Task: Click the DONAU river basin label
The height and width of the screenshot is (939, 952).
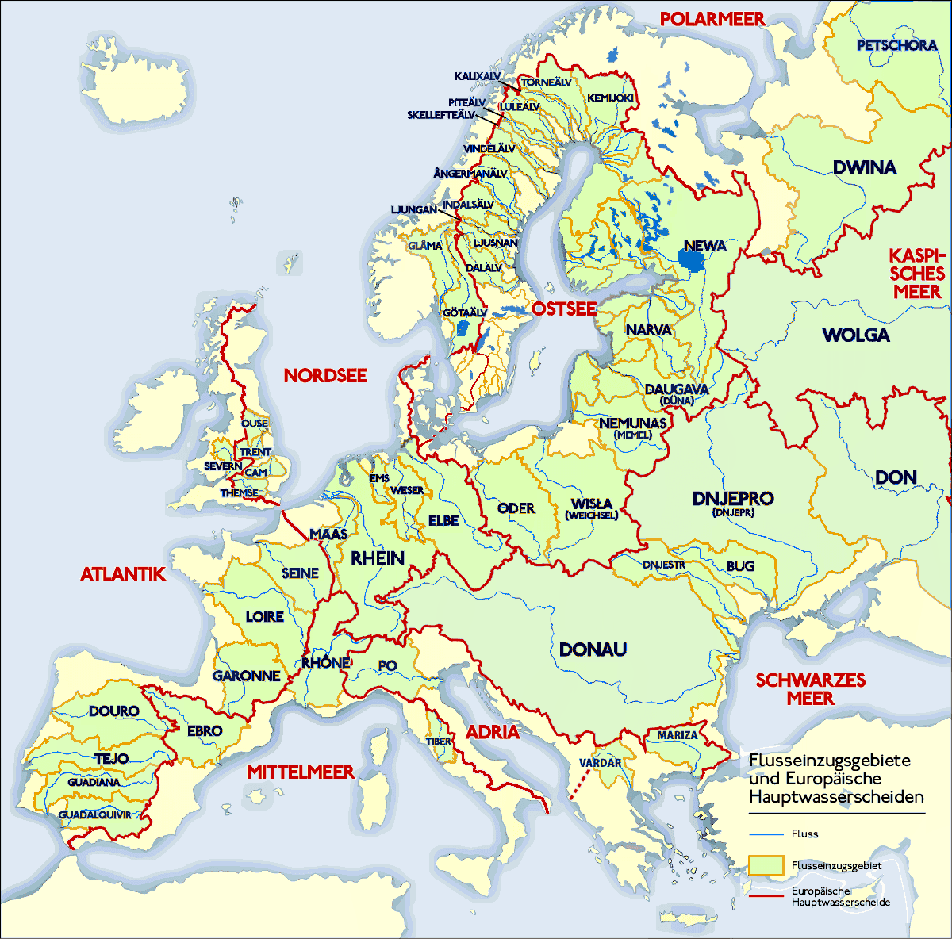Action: coord(593,650)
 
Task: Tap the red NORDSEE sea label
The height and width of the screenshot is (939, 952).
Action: coord(325,375)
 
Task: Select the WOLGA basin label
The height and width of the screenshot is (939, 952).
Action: coord(856,335)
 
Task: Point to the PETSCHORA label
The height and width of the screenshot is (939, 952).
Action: coord(896,45)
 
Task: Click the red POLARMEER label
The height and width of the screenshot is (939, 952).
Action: coord(712,19)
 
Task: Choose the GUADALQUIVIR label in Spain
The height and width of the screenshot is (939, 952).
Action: coord(94,814)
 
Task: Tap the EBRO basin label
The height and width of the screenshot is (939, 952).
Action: coord(204,730)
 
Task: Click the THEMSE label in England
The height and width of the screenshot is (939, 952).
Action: coord(239,493)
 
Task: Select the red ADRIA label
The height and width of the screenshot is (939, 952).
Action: coord(493,732)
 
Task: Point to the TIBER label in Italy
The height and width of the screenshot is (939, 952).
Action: coord(439,742)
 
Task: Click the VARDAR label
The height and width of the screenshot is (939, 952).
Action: coord(600,763)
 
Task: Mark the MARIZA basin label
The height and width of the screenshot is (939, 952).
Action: coord(677,735)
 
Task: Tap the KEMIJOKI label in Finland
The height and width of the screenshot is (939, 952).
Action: coord(610,98)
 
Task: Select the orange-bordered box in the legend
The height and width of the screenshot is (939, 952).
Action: coord(766,865)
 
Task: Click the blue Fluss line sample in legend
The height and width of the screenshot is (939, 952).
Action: coord(766,834)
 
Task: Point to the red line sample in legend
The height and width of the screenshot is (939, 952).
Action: coord(766,896)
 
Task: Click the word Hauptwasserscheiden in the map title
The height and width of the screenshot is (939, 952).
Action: coord(836,796)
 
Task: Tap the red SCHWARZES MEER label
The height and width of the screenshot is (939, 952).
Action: coord(810,689)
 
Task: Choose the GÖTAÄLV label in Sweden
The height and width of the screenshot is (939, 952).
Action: coord(464,313)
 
